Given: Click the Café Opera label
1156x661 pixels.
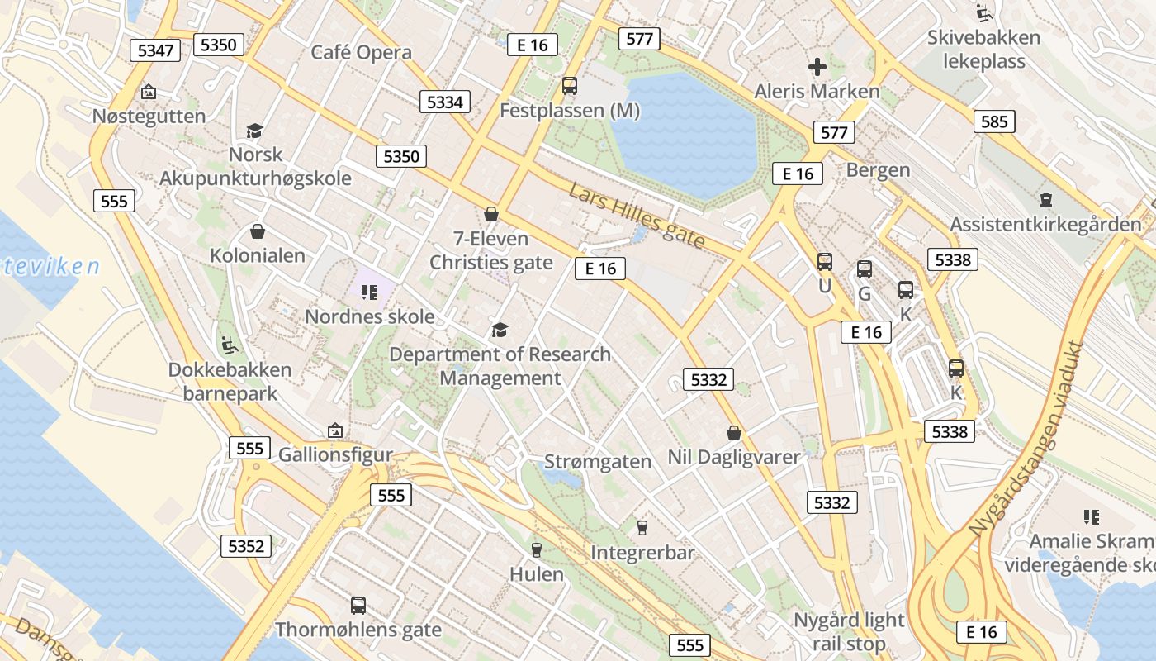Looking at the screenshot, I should (361, 52).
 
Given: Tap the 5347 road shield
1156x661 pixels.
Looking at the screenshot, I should (155, 50).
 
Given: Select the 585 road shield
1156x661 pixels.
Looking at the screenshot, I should (994, 121).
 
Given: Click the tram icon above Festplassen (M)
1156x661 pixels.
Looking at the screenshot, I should (569, 85).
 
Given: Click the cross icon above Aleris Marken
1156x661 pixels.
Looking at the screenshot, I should (817, 67).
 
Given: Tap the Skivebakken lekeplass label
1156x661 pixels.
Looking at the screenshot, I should (983, 49).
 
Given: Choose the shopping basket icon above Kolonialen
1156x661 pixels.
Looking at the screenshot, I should (258, 231).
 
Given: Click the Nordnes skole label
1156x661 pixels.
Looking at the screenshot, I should (370, 316).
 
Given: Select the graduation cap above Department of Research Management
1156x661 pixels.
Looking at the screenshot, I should (500, 330).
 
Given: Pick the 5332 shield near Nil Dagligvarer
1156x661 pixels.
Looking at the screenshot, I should (708, 379).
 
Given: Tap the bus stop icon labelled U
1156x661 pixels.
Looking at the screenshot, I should (824, 262).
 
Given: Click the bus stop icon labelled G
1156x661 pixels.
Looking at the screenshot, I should (865, 269).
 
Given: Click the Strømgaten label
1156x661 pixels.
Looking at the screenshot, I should (599, 462).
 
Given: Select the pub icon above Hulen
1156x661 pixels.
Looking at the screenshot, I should (537, 549).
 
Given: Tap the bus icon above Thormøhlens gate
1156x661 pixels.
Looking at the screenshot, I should (358, 605).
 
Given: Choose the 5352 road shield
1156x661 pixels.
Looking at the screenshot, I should (246, 545).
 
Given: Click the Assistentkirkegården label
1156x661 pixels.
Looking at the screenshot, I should (1045, 224).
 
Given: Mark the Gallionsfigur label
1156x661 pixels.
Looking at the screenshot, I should (335, 454).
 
